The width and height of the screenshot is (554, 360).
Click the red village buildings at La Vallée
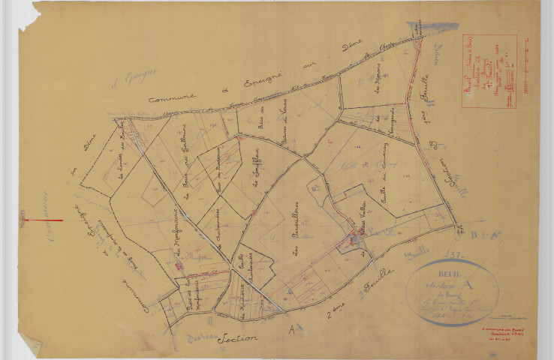pyautogui.click(x=352, y=240)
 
